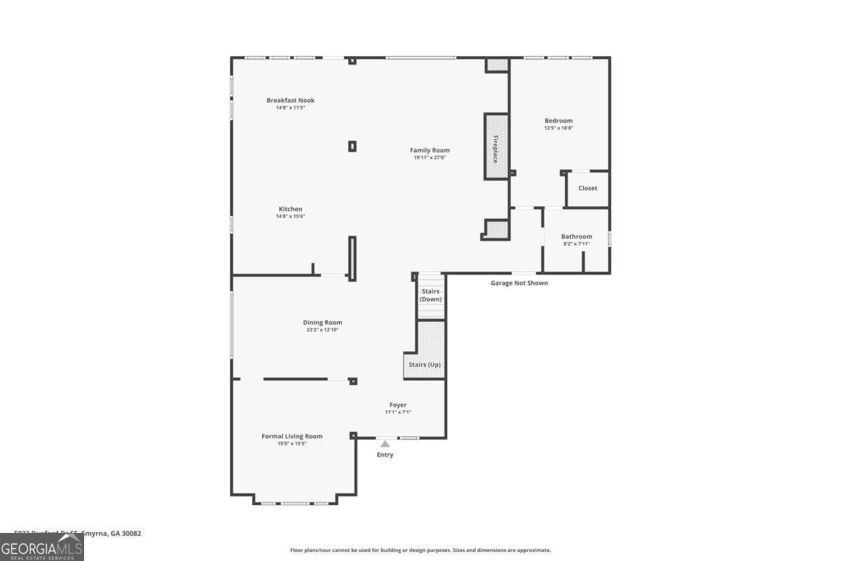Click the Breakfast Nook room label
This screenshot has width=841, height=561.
coord(290,100)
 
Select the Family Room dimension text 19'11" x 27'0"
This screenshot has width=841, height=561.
coord(430,158)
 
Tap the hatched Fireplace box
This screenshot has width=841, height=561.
coord(495,147)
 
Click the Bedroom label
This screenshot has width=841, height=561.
coord(559,121)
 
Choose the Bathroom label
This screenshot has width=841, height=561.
coord(576,236)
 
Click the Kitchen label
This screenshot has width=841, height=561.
coord(290,209)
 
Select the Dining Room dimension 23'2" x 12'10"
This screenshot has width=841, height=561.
coord(322,330)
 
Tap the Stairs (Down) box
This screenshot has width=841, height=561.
coord(430,295)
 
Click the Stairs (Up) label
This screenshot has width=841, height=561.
coord(425,365)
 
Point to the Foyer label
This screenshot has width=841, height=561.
coord(398,405)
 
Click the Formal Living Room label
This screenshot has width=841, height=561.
coord(292,436)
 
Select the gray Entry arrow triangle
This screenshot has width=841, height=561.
coord(385,443)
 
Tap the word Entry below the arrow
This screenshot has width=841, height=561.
coord(385,455)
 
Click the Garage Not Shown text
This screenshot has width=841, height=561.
coord(519,283)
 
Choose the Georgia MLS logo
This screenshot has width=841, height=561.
coord(42,547)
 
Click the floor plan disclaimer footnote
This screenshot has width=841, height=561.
coord(420,550)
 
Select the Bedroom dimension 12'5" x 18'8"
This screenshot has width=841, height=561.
coord(559,128)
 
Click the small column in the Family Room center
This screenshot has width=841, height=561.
coord(353,146)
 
